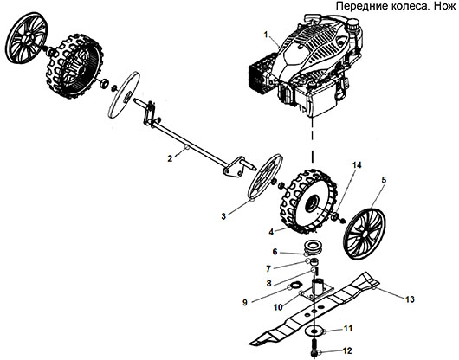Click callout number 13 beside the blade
tap(274, 252)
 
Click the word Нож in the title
tap(444, 7)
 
